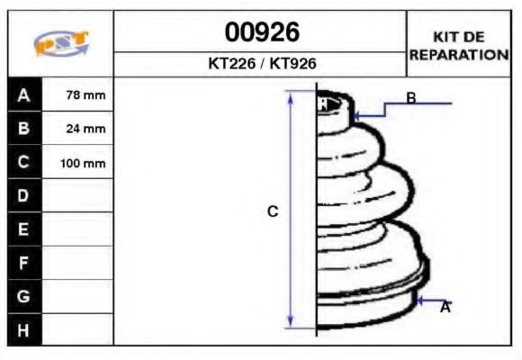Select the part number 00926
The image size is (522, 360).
pos(261,32)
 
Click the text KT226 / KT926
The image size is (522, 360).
pos(261,64)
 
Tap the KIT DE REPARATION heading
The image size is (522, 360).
pos(459,45)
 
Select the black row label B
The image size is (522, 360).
pos(24,129)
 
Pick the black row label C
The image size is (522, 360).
pos(24,163)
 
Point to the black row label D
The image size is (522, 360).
pos(24,196)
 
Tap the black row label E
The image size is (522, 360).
pos(24,229)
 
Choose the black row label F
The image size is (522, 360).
pos(24,263)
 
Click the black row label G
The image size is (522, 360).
pos(24,296)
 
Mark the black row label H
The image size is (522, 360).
pos(24,329)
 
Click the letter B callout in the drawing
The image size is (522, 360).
pos(410,97)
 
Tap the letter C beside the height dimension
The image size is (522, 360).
pos(273,211)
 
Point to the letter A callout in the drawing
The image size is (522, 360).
pos(445,308)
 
